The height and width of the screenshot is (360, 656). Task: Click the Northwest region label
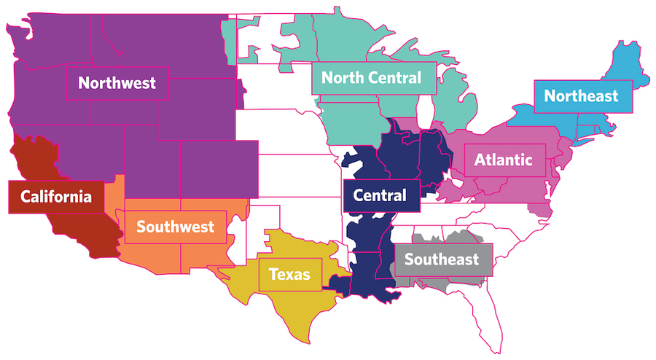[117, 83]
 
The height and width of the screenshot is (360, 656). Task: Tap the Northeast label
[581, 95]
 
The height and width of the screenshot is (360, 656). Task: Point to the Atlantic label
[504, 160]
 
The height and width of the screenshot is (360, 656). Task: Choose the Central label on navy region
[380, 195]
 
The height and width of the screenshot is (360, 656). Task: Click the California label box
[56, 197]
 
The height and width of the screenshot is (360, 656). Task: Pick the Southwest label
[175, 227]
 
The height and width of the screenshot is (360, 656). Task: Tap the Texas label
[289, 275]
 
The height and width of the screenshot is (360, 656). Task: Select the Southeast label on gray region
[442, 259]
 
